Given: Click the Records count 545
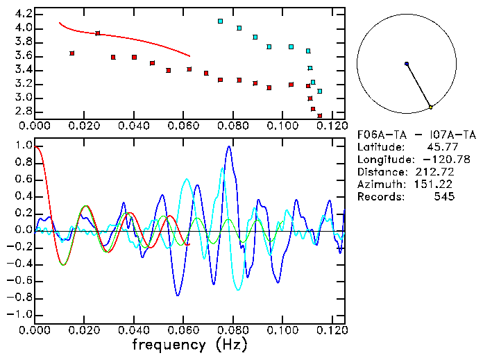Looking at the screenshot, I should [x=444, y=196].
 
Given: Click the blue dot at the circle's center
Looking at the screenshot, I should [x=407, y=64].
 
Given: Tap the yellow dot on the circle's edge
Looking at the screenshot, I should [x=430, y=107].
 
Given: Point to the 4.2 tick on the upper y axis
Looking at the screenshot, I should [x=22, y=14].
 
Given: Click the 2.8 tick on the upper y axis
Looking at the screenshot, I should [x=22, y=111].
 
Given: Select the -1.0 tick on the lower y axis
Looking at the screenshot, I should [x=19, y=314].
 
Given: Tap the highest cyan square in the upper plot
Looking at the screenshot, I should [x=220, y=22].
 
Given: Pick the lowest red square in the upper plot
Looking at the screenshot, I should [x=320, y=116].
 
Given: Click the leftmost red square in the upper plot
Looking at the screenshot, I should [x=72, y=53].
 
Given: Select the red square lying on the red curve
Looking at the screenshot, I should [x=98, y=33].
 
